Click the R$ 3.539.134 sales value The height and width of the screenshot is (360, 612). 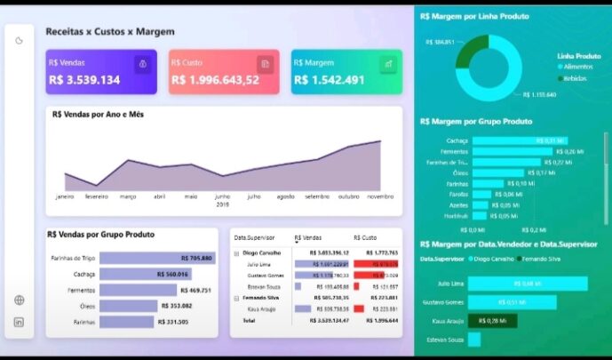[x=84, y=80]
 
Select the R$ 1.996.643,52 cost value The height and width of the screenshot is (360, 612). [x=215, y=80]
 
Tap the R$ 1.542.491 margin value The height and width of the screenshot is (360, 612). [x=331, y=80]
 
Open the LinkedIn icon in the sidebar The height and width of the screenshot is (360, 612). [x=20, y=322]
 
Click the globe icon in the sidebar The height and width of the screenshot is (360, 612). [x=20, y=300]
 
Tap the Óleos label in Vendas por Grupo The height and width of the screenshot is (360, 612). [x=86, y=306]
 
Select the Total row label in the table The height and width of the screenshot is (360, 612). [x=248, y=319]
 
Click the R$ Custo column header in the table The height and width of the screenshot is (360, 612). [x=365, y=238]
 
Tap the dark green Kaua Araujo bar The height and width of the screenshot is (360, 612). [x=492, y=321]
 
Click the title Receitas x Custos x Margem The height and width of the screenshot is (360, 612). [x=110, y=31]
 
